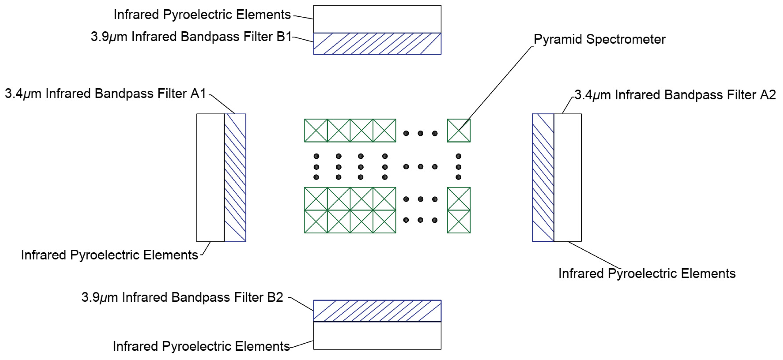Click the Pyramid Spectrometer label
point(599,39)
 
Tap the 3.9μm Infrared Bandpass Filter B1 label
point(191,37)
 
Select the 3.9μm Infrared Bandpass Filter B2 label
point(182,297)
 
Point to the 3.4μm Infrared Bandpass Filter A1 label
point(106,94)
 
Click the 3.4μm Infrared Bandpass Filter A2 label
point(675,95)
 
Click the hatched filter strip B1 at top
point(377,44)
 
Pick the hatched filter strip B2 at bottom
point(377,311)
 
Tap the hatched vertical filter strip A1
point(235,177)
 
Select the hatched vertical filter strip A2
point(543,177)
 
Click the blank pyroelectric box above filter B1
point(377,19)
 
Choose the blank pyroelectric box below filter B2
point(377,335)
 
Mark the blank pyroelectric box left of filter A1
point(210,177)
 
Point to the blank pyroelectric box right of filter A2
point(568,177)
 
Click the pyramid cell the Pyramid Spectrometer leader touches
point(458,131)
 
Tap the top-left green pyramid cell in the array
point(316,131)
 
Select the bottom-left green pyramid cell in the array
point(316,221)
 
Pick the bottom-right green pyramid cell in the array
point(458,221)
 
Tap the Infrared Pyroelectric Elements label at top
point(202,15)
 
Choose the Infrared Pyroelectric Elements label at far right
point(647,273)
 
